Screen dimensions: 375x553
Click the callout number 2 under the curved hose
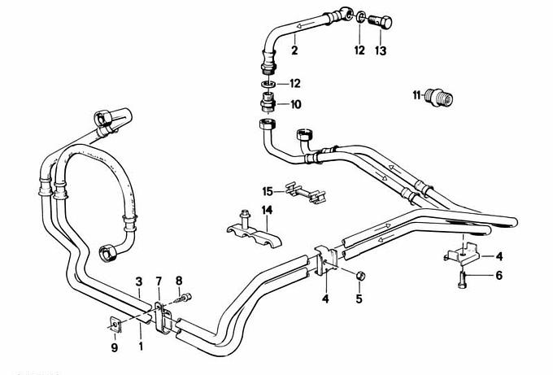(295, 50)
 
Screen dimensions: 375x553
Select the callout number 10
(294, 104)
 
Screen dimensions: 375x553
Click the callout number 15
(267, 192)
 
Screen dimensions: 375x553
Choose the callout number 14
(265, 211)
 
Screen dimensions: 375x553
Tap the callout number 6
(499, 276)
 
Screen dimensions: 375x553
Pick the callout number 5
(359, 299)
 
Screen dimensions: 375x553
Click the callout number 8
(179, 281)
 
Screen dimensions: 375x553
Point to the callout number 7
(159, 281)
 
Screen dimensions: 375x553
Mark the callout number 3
(139, 281)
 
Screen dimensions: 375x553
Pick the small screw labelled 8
(186, 299)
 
